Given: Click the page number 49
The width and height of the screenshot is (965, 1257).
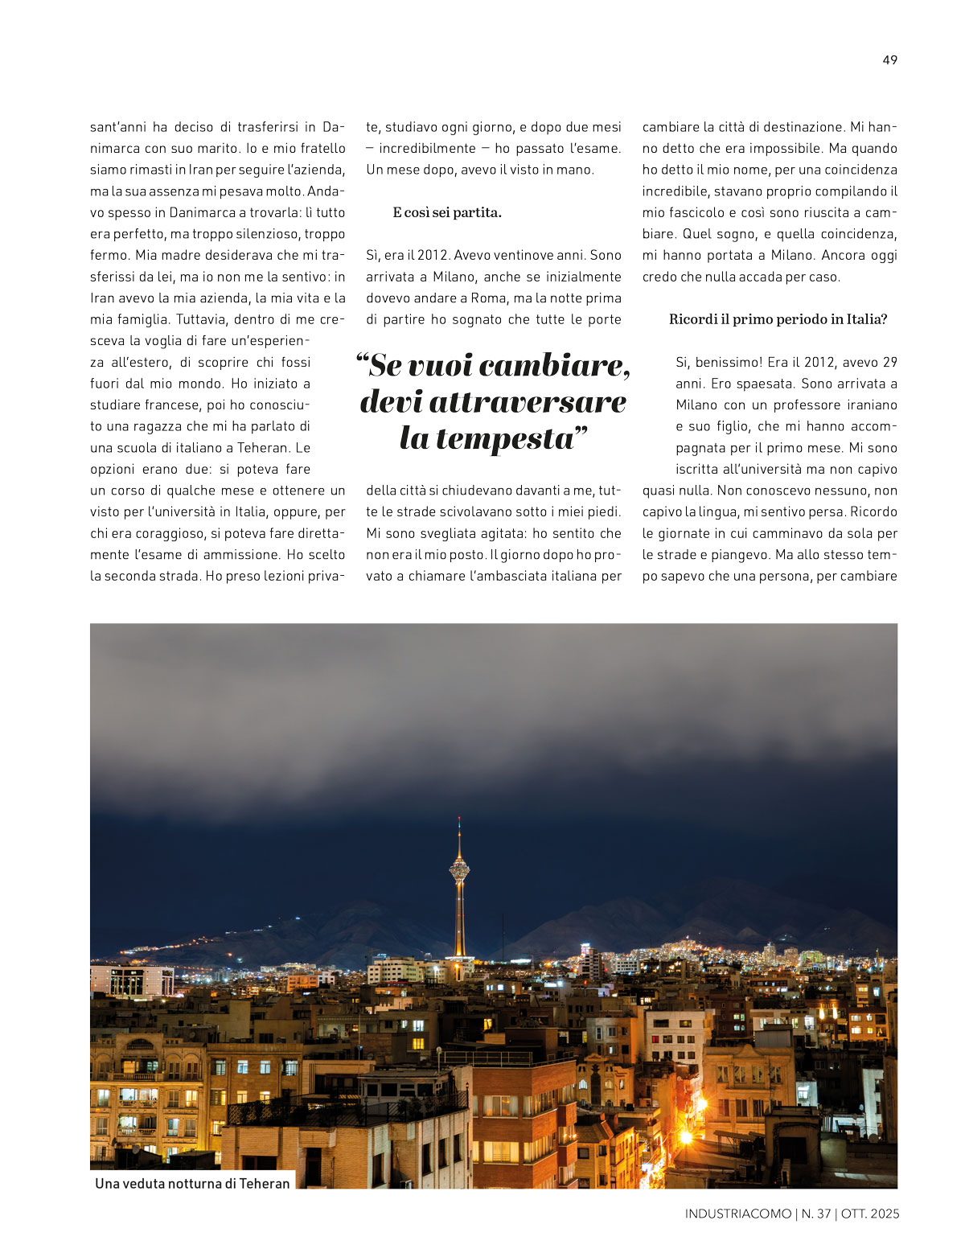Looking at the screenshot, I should click(889, 60).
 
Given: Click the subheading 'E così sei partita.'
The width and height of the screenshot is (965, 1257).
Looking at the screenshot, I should click(447, 212).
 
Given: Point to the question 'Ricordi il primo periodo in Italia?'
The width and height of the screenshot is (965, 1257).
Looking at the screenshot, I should click(778, 319).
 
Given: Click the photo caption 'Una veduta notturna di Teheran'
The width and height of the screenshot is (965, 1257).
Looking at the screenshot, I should click(192, 1183).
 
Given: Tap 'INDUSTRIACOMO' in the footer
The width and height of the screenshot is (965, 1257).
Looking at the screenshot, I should click(737, 1214).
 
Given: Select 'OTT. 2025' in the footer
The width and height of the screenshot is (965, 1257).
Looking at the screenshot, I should click(869, 1214).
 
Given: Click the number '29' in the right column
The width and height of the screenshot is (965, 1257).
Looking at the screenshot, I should click(889, 362).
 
